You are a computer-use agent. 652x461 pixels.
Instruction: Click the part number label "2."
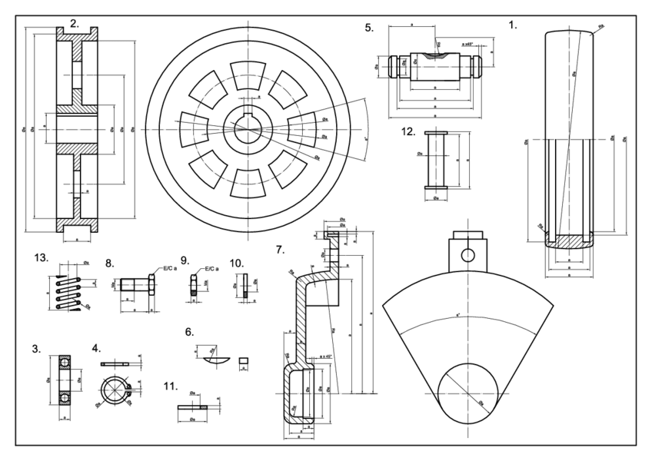[75, 23]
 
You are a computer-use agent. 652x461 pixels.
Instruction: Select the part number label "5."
[370, 28]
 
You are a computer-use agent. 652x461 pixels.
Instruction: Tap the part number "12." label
[409, 131]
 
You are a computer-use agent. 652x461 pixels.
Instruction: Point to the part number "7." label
[280, 250]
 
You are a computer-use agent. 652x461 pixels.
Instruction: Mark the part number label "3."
[36, 349]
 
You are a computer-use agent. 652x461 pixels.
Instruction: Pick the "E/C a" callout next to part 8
[167, 269]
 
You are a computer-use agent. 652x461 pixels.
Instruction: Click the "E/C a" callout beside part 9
[210, 269]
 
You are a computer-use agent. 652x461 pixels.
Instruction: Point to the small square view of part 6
[244, 358]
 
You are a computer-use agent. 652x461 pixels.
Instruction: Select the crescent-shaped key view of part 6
[211, 359]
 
